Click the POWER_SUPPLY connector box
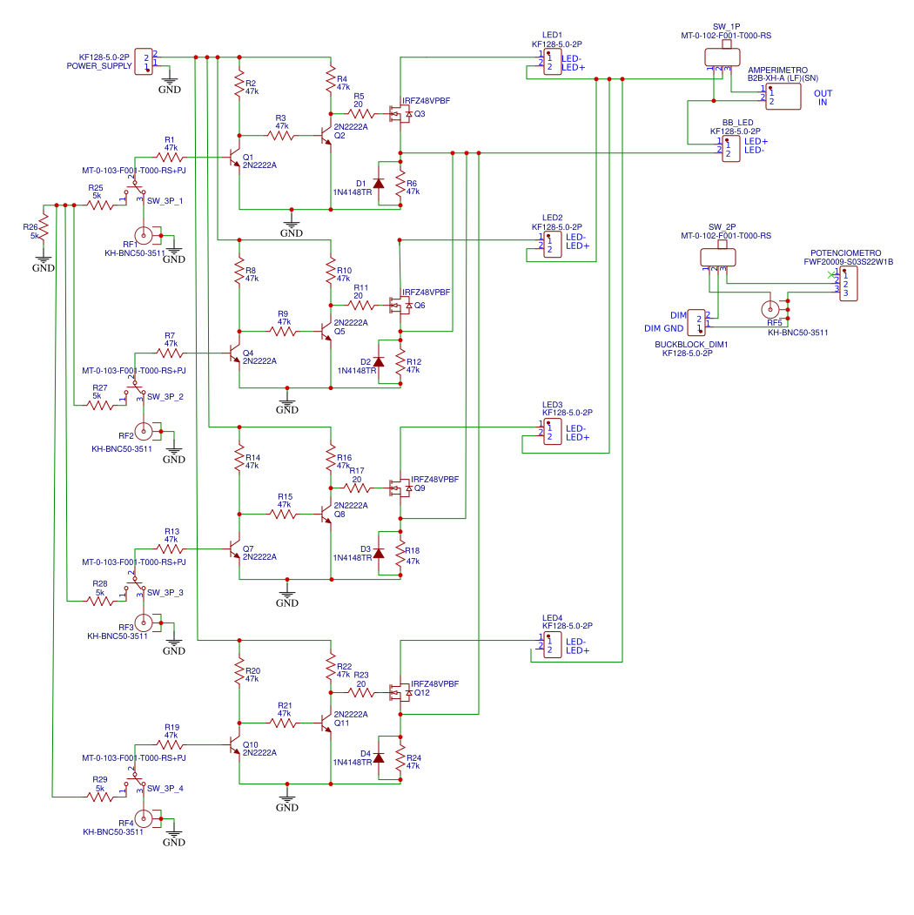[x=144, y=62]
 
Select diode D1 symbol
[x=379, y=183]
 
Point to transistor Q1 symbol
[x=234, y=158]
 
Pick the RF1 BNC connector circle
[x=144, y=236]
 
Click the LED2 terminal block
[x=553, y=244]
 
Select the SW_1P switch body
[x=722, y=57]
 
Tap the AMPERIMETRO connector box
[x=783, y=97]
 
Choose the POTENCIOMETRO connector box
[x=849, y=284]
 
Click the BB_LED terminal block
[x=731, y=148]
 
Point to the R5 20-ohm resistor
[x=361, y=114]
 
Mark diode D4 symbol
[x=379, y=757]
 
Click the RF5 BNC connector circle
[x=770, y=309]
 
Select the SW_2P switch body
[x=718, y=257]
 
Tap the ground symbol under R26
[x=44, y=259]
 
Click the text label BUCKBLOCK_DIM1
[x=691, y=344]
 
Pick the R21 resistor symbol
[x=283, y=723]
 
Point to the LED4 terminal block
[x=553, y=645]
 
